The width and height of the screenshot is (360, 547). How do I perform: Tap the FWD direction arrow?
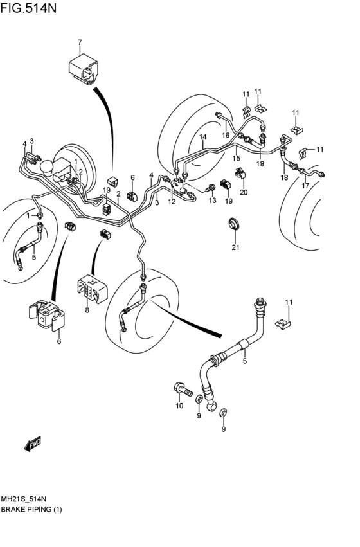pyautogui.click(x=33, y=444)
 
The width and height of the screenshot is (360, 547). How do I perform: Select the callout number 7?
pyautogui.click(x=80, y=42)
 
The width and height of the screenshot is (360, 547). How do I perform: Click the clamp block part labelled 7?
pyautogui.click(x=84, y=68)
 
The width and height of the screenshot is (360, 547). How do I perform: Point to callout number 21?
pyautogui.click(x=236, y=247)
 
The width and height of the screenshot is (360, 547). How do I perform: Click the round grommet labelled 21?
pyautogui.click(x=235, y=224)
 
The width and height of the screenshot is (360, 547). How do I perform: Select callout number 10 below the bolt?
pyautogui.click(x=179, y=406)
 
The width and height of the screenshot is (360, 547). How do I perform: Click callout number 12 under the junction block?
pyautogui.click(x=172, y=202)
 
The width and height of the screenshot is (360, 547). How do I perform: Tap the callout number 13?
pyautogui.click(x=213, y=201)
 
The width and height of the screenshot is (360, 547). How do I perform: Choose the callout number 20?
pyautogui.click(x=244, y=192)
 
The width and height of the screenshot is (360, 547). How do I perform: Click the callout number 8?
pyautogui.click(x=87, y=310)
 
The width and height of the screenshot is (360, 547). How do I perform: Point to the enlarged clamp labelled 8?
pyautogui.click(x=92, y=289)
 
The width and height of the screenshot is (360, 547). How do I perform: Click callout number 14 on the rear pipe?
pyautogui.click(x=203, y=137)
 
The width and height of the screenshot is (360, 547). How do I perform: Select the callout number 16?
pyautogui.click(x=226, y=136)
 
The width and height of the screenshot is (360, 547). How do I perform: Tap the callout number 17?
pyautogui.click(x=305, y=186)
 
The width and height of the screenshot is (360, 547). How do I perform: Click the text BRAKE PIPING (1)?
pyautogui.click(x=32, y=509)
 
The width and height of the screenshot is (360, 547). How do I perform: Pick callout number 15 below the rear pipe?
pyautogui.click(x=237, y=158)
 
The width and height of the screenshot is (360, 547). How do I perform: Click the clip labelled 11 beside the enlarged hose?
pyautogui.click(x=283, y=325)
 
